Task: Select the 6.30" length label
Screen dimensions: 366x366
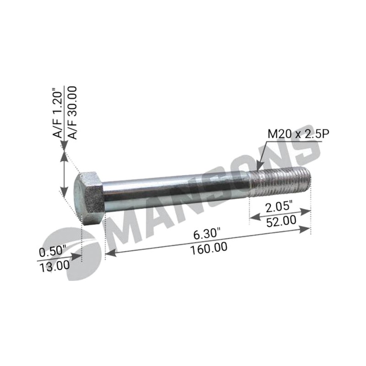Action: [x=207, y=234]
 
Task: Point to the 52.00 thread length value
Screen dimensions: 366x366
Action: [x=281, y=221]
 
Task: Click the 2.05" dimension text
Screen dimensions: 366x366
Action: [x=279, y=207]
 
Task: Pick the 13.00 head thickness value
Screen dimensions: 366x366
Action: [x=54, y=267]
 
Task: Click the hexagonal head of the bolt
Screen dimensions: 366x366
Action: [x=89, y=199]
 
